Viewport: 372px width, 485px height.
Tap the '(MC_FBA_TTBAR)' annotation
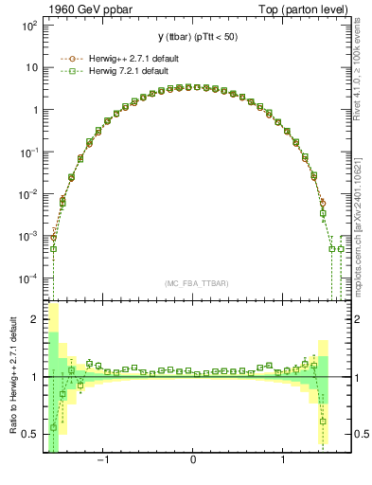192,283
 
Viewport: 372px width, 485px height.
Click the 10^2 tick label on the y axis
29,26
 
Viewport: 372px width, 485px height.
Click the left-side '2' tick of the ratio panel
35,320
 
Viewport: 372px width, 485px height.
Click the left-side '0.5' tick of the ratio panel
31,435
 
